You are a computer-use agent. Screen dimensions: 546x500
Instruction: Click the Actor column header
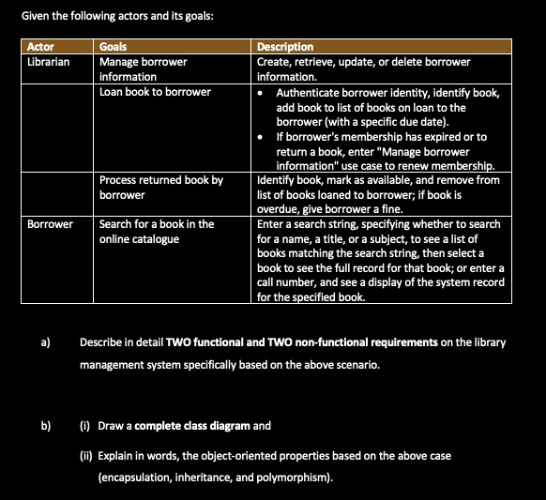coord(40,46)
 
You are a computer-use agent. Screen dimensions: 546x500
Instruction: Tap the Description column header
coord(285,46)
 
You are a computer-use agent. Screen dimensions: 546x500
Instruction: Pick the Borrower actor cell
coord(50,224)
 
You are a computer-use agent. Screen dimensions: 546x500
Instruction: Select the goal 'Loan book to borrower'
coord(155,92)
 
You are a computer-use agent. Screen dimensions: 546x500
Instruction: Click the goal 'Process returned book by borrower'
coord(160,187)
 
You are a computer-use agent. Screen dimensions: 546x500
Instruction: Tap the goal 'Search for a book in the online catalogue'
coord(157,232)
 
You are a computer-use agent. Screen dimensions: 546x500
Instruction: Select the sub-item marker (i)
coord(85,425)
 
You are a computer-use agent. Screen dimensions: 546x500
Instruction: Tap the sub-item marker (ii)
coord(87,455)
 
